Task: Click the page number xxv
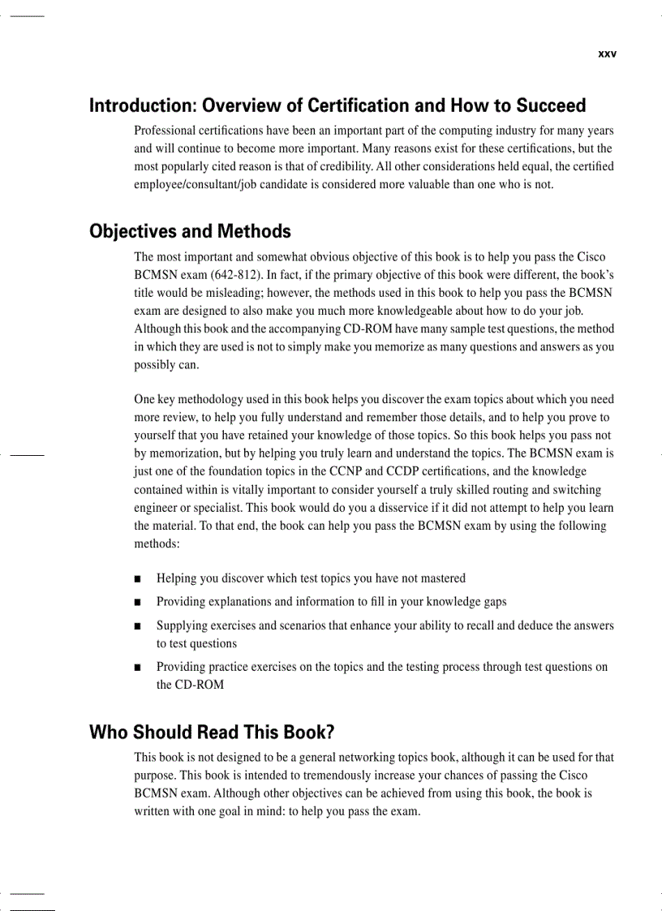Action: (x=607, y=54)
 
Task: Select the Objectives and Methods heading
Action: (x=190, y=232)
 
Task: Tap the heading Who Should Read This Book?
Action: (x=212, y=733)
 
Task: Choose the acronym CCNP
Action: (x=343, y=471)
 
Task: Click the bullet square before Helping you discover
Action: (x=139, y=579)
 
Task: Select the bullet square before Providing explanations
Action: (x=139, y=603)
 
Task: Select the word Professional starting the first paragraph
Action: (x=165, y=131)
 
